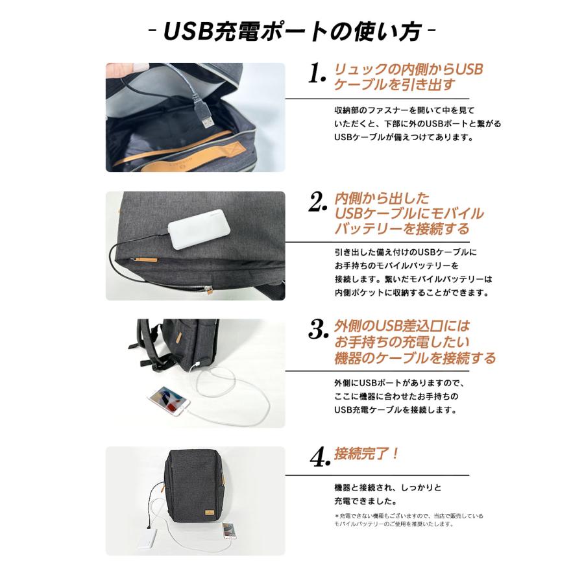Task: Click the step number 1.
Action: (x=317, y=74)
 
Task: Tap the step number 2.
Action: (x=317, y=203)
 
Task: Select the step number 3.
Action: (x=317, y=331)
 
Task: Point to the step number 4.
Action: (x=317, y=458)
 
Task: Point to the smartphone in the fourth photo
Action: (x=228, y=531)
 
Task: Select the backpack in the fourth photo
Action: (x=195, y=487)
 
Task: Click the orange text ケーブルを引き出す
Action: (x=395, y=85)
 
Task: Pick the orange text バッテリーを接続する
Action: (x=400, y=229)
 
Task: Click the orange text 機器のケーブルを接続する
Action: (x=415, y=358)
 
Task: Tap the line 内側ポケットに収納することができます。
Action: (x=411, y=293)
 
